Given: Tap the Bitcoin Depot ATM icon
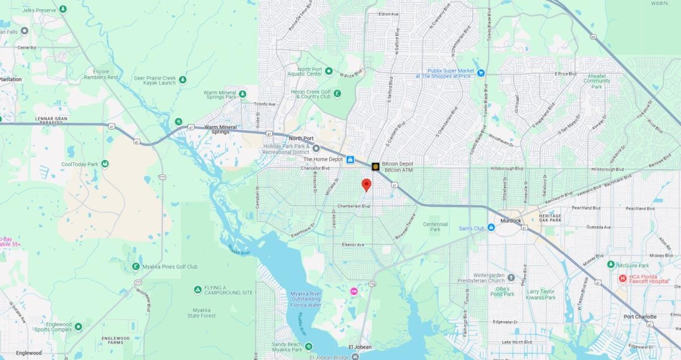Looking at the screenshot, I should (376, 166).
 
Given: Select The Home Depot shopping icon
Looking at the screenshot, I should (351, 160).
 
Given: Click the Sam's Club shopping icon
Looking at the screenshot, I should (491, 228).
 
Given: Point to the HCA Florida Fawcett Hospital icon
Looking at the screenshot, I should (623, 278).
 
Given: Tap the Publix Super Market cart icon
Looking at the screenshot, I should (481, 73).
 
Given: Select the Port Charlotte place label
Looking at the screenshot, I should (640, 317).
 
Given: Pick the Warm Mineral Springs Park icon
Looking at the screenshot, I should (242, 94).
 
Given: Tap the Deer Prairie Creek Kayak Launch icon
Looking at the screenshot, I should (183, 79).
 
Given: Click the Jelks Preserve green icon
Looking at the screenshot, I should (62, 9).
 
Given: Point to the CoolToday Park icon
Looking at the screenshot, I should (105, 164).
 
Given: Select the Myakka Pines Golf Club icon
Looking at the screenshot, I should (136, 266).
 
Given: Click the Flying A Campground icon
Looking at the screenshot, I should (197, 290).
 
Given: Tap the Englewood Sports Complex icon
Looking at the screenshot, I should (78, 326).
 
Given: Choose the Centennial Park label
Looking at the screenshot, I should (435, 227).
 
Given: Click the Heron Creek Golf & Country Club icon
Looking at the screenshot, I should (338, 94).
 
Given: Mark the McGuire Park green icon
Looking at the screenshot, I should (611, 265).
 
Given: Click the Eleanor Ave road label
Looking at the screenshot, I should (352, 245).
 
